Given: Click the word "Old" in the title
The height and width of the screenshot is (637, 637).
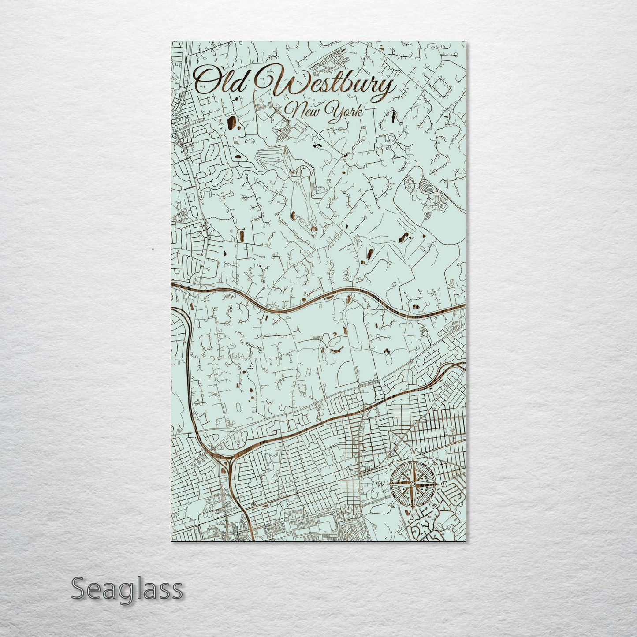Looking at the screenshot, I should (x=220, y=80).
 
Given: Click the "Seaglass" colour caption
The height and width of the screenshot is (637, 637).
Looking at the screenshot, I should (x=127, y=589).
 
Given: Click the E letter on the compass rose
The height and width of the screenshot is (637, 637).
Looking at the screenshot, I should (x=444, y=484).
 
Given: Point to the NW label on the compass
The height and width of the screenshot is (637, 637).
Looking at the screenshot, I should (x=391, y=464).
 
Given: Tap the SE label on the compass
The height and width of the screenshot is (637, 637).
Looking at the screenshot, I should (x=434, y=506).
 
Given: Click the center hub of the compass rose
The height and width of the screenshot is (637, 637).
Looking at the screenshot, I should (x=412, y=484).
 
